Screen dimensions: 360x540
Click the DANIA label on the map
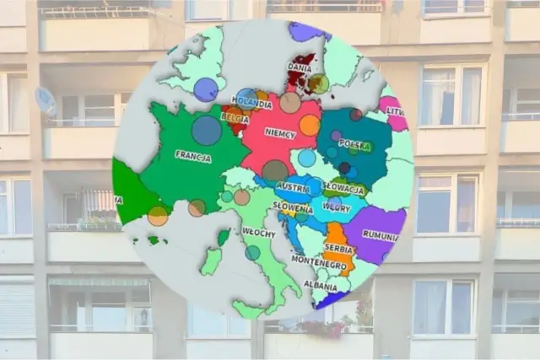click(x=300, y=67)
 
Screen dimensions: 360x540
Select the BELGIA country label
click(x=235, y=119)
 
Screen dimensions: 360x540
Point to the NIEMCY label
click(x=279, y=133)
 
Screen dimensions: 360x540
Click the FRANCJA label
click(x=193, y=155)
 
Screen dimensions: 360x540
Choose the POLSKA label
click(x=355, y=143)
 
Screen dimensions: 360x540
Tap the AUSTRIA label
click(x=293, y=187)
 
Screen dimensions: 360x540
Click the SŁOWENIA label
click(x=292, y=207)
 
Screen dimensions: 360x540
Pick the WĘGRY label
click(x=336, y=207)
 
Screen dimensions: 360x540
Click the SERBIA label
click(x=339, y=249)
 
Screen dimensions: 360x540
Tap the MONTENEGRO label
click(x=319, y=264)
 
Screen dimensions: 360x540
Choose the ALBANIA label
click(x=320, y=285)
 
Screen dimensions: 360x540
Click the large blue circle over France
click(x=207, y=130)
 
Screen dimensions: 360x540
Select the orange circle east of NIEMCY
click(x=310, y=125)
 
